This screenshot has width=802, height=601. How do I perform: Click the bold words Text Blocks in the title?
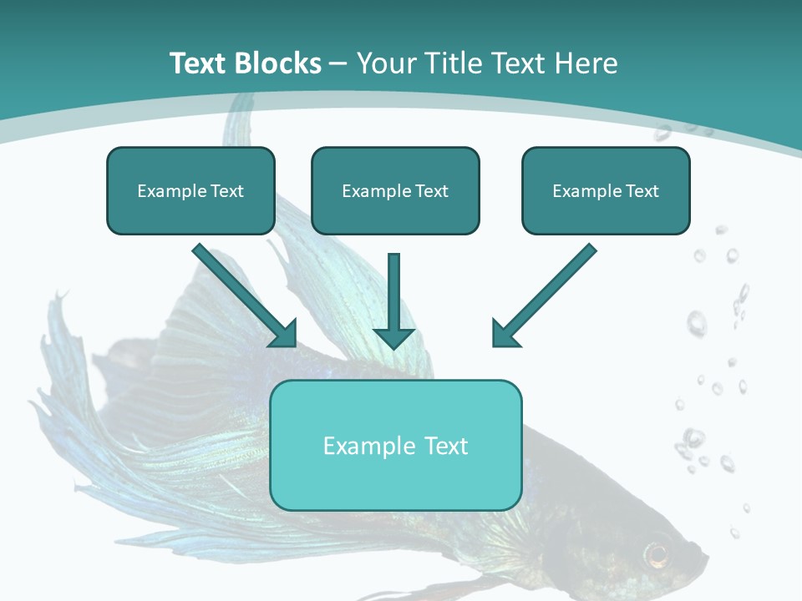pos(245,63)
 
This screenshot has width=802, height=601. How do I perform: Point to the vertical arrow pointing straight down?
pos(393,292)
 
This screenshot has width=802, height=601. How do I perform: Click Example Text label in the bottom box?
pos(395,446)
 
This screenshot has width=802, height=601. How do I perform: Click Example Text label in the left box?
pos(190,191)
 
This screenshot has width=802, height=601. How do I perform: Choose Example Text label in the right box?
pos(606,191)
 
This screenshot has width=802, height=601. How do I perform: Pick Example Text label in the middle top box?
pos(395,191)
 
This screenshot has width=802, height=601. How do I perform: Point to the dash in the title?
pos(338,63)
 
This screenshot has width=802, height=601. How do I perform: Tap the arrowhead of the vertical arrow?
pos(393,336)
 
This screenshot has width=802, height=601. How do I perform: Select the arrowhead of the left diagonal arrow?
pos(285,333)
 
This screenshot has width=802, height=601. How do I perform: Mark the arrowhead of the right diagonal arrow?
pos(504,333)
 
